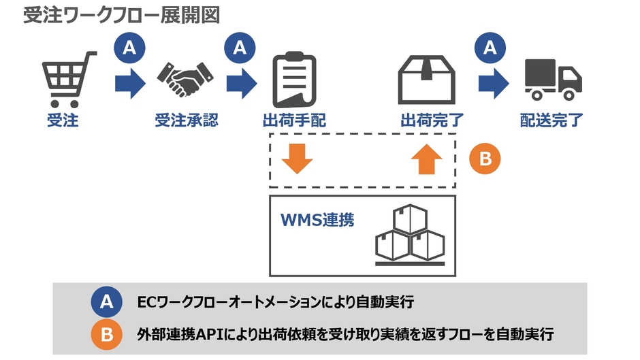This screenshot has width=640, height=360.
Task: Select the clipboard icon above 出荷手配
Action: coord(294,80)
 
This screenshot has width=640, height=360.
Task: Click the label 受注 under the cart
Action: coord(63,121)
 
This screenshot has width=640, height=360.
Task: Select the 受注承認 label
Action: coord(186,121)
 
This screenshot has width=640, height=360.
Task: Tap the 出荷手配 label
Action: coord(294,121)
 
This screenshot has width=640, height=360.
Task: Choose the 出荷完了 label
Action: coord(432,121)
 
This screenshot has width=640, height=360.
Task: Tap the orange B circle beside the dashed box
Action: coord(485,159)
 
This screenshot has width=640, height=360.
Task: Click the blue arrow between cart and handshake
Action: coord(129,84)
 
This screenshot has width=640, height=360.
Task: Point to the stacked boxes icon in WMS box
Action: coord(410,235)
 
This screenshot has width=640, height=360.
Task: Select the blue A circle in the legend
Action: coord(107,302)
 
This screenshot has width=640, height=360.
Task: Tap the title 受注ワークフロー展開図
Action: coord(121,16)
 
